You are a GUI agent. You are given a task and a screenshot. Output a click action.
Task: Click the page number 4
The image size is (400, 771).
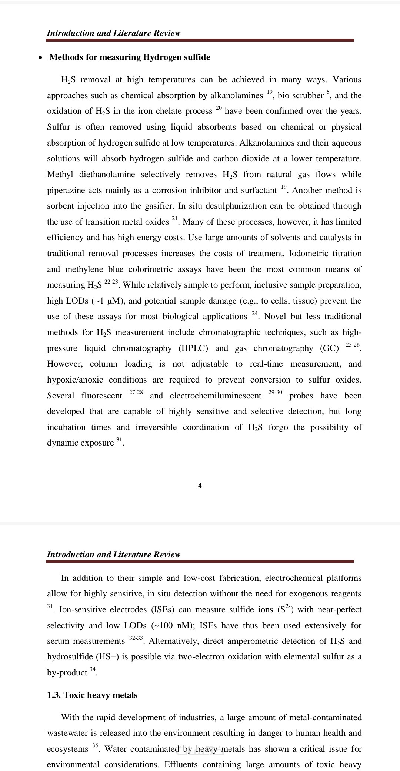pyautogui.click(x=200, y=486)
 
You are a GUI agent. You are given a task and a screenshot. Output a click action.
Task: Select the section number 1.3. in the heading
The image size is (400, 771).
pyautogui.click(x=54, y=695)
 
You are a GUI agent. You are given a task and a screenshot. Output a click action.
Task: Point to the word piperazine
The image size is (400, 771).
pyautogui.click(x=66, y=191)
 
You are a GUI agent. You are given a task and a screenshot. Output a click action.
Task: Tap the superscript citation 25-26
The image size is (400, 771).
pyautogui.click(x=353, y=345)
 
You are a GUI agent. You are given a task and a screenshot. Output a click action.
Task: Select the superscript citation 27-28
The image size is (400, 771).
pyautogui.click(x=136, y=392)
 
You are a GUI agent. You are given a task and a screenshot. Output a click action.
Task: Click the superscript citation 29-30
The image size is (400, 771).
pyautogui.click(x=275, y=392)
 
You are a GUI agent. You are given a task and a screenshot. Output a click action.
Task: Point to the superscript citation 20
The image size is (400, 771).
pyautogui.click(x=219, y=108)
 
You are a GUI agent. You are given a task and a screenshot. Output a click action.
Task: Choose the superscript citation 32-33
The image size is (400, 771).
pyautogui.click(x=136, y=638)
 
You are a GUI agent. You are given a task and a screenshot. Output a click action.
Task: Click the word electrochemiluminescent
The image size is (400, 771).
pyautogui.click(x=216, y=396)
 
